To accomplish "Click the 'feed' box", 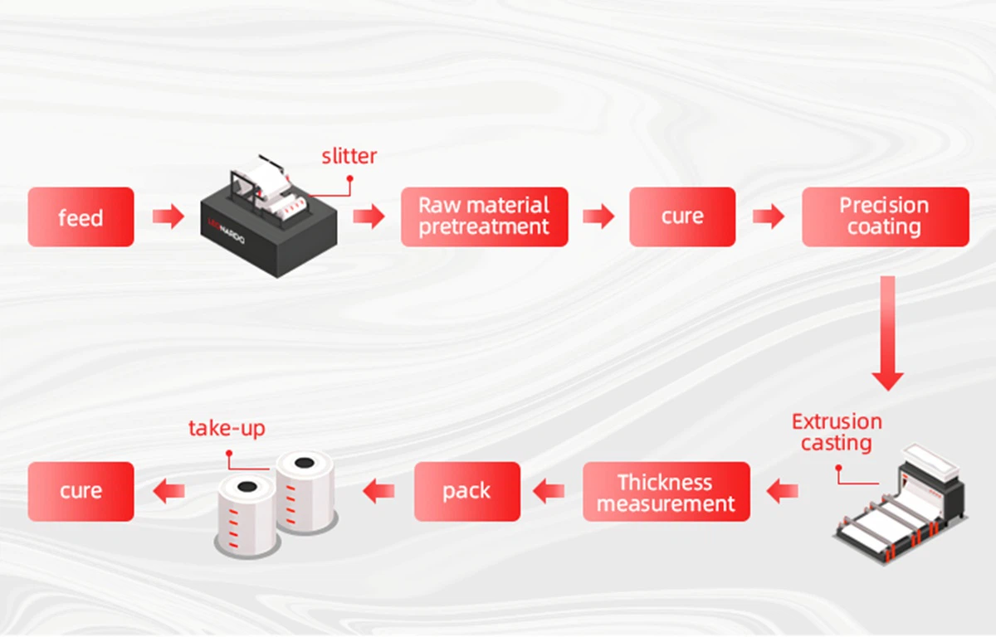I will [81, 217].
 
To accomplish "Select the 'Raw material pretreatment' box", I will [484, 216].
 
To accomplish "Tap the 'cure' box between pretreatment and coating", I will [681, 216].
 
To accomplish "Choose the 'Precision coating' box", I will [885, 216].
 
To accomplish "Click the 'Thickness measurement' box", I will [666, 492].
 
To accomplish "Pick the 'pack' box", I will [466, 492].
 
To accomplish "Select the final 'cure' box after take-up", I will [81, 492].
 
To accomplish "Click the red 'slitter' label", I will [349, 156].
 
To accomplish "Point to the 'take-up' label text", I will [227, 429].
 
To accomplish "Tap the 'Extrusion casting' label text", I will [837, 432].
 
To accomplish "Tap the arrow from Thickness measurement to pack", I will [549, 492].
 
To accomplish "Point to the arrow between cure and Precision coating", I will [769, 217].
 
